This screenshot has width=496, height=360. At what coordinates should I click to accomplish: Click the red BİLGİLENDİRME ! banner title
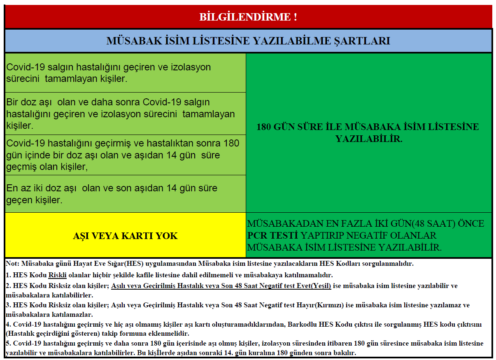(248, 17)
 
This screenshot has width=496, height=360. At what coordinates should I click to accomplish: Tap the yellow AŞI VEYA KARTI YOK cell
(125, 236)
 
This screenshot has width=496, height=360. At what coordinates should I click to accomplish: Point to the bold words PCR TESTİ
(272, 236)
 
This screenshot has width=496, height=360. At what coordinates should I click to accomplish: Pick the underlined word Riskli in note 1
(57, 275)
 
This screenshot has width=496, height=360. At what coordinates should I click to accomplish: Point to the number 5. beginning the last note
(9, 344)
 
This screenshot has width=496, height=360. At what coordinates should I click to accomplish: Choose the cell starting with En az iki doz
(125, 194)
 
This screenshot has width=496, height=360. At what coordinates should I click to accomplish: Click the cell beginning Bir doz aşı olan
(125, 114)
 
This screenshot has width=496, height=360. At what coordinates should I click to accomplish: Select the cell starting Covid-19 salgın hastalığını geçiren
(125, 72)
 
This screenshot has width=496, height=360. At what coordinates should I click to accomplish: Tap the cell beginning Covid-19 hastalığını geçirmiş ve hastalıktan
(125, 155)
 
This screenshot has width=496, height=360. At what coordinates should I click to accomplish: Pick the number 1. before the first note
(9, 275)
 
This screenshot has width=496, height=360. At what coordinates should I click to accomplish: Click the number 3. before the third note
(9, 305)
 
